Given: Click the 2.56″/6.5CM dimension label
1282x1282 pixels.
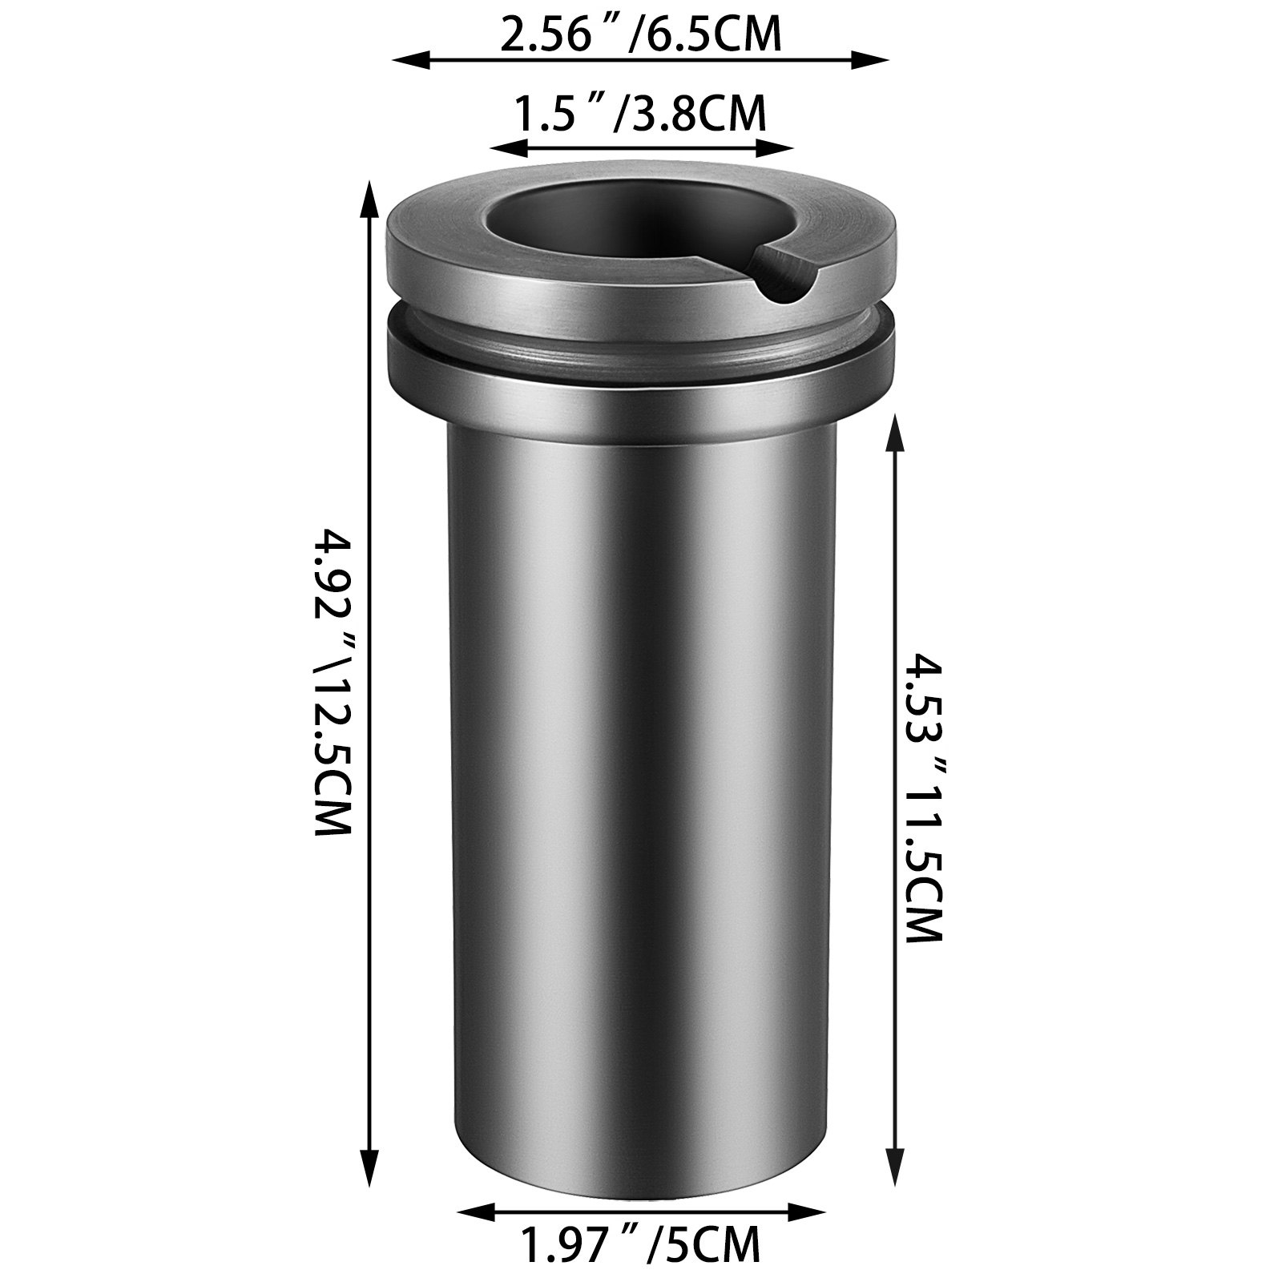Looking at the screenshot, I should (x=640, y=36).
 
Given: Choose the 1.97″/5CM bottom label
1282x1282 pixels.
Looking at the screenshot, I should (x=640, y=1244).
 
